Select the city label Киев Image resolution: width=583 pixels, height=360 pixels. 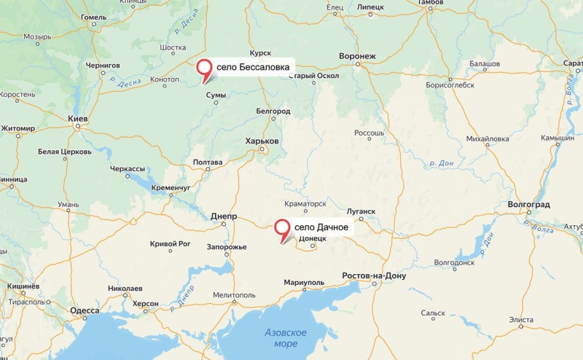77,119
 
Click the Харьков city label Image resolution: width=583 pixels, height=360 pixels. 262,141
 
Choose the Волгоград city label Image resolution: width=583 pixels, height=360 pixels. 529,205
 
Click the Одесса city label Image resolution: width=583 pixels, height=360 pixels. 85,310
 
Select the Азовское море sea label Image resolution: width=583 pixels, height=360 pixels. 285,337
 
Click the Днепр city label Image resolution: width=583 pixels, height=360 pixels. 223,216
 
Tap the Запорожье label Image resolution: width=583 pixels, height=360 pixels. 227,247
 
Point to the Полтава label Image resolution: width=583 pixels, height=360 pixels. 208,162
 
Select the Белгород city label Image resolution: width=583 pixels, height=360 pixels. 273,111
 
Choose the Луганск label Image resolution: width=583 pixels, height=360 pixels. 361,211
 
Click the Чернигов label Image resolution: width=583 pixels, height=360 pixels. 102,65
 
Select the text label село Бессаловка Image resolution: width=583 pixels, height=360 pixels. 254,67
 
